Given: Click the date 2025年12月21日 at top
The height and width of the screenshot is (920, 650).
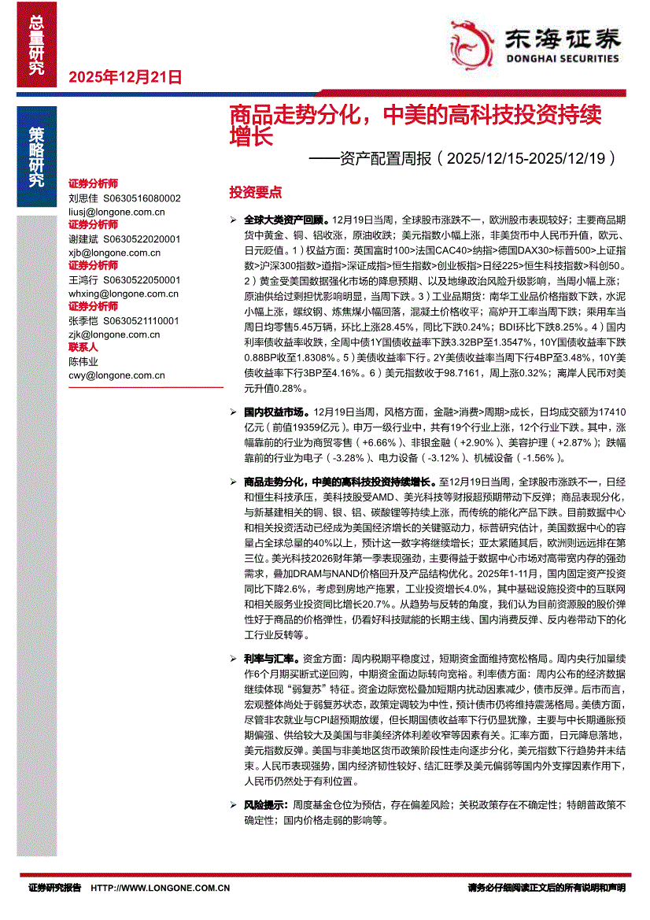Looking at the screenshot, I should (125, 77).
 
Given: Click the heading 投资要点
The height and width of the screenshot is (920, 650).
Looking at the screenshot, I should (255, 193).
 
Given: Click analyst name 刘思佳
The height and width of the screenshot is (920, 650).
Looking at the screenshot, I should (83, 198).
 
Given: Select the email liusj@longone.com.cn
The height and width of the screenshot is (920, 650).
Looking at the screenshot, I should (116, 212).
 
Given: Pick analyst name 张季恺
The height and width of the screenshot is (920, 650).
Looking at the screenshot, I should (83, 321).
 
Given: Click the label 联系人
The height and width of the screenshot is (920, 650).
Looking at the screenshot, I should (83, 347).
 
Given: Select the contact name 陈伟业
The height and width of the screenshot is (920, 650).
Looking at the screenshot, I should (83, 361).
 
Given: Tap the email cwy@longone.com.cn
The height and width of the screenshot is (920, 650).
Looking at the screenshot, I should (116, 375).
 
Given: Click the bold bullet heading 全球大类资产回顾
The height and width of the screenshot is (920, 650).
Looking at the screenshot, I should (287, 219).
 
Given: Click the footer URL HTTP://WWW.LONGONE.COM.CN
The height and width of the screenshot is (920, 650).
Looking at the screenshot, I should (161, 888).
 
